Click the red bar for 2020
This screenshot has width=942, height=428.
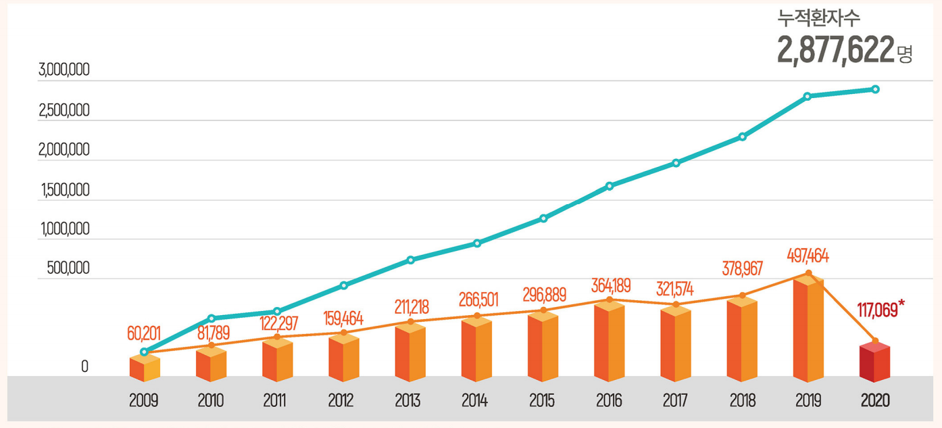874,363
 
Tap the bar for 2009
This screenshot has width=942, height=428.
144,368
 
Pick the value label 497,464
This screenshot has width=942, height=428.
808,257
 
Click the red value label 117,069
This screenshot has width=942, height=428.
878,311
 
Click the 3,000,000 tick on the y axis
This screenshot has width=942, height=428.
65,70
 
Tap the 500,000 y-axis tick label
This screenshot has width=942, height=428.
68,268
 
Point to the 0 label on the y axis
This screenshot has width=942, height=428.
84,367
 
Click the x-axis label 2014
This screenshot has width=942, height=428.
475,401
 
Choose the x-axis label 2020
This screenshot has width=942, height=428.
875,401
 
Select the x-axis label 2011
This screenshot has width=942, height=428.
276,401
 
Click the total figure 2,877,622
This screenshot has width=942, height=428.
835,51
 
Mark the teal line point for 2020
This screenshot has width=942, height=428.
875,89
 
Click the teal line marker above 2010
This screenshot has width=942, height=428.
211,318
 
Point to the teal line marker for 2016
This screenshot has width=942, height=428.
610,185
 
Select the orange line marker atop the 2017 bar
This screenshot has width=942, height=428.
676,304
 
